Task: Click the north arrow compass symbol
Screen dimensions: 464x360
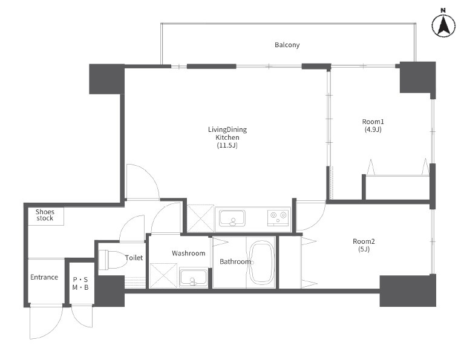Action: pyautogui.click(x=443, y=26)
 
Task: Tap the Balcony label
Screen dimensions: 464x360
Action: pyautogui.click(x=287, y=45)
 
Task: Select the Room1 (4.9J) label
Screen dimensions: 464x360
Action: pyautogui.click(x=373, y=125)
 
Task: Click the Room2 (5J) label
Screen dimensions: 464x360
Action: pyautogui.click(x=364, y=245)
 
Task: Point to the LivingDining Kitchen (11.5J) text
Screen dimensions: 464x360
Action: pyautogui.click(x=227, y=137)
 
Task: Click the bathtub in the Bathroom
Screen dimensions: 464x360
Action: pyautogui.click(x=261, y=263)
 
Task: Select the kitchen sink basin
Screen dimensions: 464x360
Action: pyautogui.click(x=232, y=218)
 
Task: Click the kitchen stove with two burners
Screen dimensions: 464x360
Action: pyautogui.click(x=278, y=217)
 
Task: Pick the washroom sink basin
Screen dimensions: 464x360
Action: pyautogui.click(x=193, y=277)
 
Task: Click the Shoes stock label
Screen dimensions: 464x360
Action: pyautogui.click(x=45, y=215)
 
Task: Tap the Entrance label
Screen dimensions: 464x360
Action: pyautogui.click(x=44, y=277)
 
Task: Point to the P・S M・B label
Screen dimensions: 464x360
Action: pyautogui.click(x=80, y=283)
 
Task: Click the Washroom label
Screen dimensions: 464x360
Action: pyautogui.click(x=189, y=253)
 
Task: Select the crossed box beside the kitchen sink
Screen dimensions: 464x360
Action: pyautogui.click(x=201, y=218)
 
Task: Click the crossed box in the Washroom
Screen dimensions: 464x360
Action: pyautogui.click(x=163, y=275)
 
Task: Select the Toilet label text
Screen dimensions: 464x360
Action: pyautogui.click(x=134, y=258)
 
